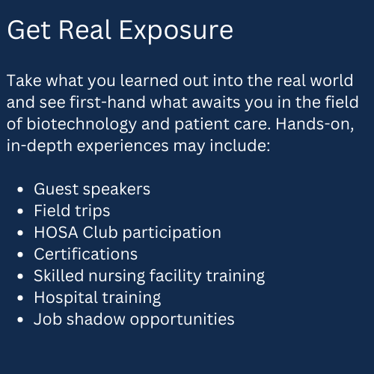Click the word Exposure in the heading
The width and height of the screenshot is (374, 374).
pos(177,31)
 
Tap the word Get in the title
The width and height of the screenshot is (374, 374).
pos(29,30)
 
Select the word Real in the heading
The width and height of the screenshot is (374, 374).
pos(85,30)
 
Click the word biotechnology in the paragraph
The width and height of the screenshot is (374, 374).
pos(82,124)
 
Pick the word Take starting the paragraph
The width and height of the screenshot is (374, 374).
pos(24,81)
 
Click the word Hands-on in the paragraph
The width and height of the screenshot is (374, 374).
pos(315,124)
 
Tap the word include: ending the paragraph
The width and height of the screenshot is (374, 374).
pos(239,146)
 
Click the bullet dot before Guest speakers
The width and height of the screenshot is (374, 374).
pos(20,189)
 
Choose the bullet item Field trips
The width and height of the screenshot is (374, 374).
pos(72,211)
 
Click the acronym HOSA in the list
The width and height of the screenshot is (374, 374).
pos(56,233)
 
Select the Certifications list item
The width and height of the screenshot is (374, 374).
pos(86,254)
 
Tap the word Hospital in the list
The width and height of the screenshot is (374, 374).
pos(66,298)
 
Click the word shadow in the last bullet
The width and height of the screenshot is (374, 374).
pos(96,319)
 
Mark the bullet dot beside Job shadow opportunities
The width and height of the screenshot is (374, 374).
pos(20,319)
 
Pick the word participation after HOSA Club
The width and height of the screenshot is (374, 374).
pos(172,233)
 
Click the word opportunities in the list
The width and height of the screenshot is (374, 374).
pos(182,319)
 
